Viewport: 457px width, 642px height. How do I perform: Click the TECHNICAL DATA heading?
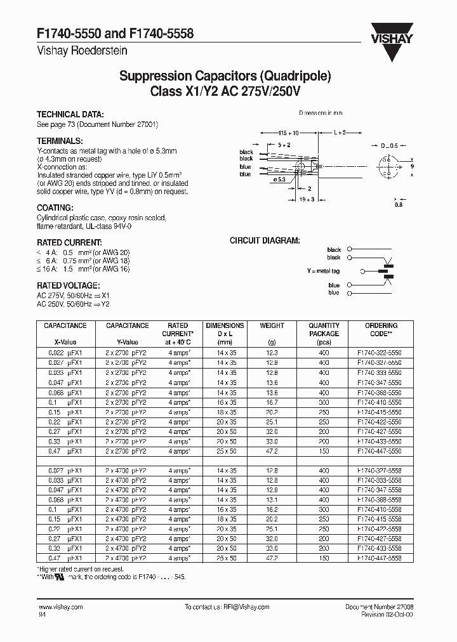point(70,115)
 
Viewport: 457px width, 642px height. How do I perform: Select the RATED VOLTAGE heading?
point(68,285)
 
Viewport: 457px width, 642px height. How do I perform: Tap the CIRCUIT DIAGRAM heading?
point(264,241)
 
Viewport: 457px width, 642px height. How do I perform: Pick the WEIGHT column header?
point(272,326)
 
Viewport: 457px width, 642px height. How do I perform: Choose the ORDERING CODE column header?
point(381,329)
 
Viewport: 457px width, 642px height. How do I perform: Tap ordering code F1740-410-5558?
point(380,509)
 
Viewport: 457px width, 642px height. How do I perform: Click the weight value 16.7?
point(272,402)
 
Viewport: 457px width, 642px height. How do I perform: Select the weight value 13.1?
point(272,499)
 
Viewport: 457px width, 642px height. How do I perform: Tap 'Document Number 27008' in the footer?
point(379,607)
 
